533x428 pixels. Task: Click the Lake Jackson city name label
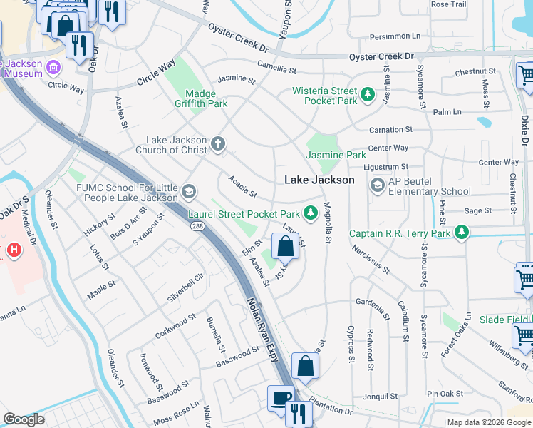(x=319, y=180)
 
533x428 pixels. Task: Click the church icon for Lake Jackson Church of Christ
(x=218, y=145)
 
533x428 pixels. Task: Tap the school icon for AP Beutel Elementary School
(x=377, y=185)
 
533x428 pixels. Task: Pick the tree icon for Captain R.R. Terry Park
(x=462, y=233)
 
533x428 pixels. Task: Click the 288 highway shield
(x=197, y=225)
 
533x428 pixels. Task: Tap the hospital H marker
(x=12, y=250)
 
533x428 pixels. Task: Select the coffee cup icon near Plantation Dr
(x=280, y=398)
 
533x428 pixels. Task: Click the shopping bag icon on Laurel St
(x=285, y=247)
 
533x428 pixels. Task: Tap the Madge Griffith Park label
(x=206, y=98)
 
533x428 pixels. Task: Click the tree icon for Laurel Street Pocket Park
(x=310, y=213)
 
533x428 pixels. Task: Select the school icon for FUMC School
(x=189, y=191)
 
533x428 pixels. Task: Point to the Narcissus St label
(x=371, y=259)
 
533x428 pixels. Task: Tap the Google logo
(x=24, y=419)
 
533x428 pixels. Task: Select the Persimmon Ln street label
(x=395, y=36)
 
